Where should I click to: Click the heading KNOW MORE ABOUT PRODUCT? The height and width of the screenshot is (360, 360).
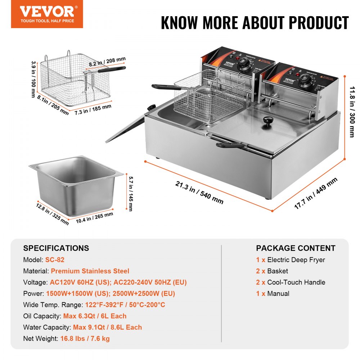[x=255, y=23]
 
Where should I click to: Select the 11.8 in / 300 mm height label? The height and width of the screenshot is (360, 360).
[x=351, y=114]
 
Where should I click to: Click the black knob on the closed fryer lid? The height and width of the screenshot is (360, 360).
[x=267, y=121]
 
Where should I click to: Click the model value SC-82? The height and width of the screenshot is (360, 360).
[x=55, y=260]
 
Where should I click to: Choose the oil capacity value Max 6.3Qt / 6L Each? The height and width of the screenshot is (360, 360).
[x=95, y=316]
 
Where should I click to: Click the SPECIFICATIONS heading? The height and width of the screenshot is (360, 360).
[x=56, y=248]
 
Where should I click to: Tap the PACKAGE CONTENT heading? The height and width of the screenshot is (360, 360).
[x=296, y=248]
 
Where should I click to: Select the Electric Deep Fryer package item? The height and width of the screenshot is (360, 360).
[x=296, y=260]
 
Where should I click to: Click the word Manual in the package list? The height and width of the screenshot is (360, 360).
[x=278, y=293]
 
